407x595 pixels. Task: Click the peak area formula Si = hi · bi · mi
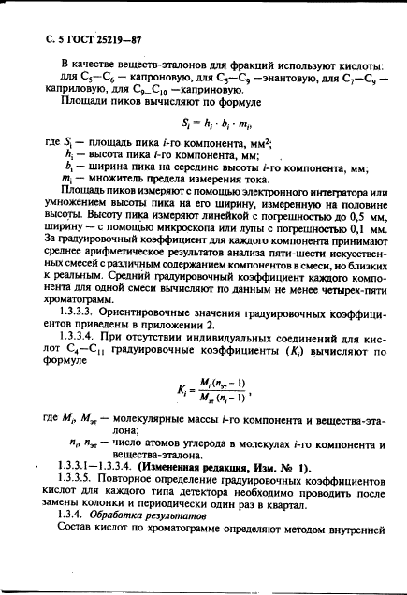[215, 121]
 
